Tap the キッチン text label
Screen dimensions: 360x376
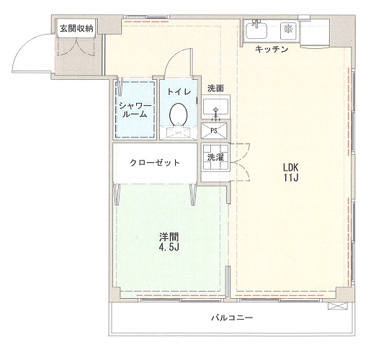coord(272,49)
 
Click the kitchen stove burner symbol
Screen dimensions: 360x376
coord(287,30)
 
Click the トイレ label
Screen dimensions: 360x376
coord(178,91)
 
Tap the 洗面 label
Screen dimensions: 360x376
coord(215,88)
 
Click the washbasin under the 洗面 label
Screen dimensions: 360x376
coord(215,108)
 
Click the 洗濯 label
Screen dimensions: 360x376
coord(214,156)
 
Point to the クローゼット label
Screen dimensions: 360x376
coord(154,162)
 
